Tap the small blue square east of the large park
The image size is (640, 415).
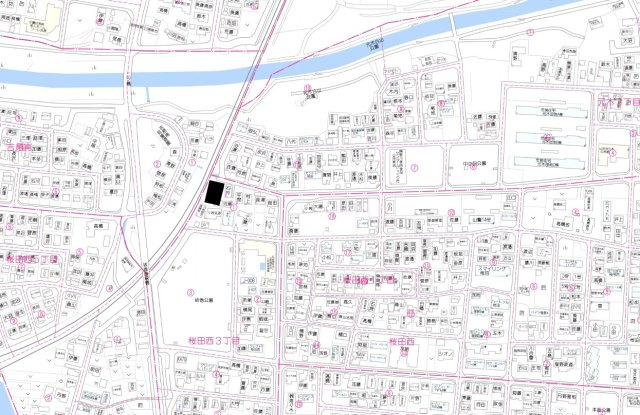265,266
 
